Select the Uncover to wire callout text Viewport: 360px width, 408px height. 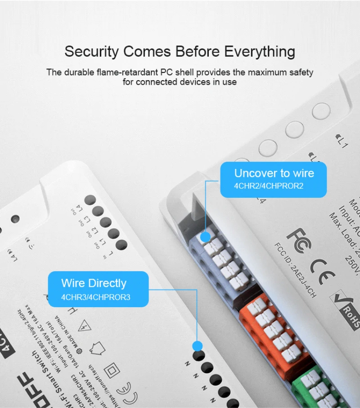274,173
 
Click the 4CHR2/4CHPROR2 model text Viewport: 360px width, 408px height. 269,186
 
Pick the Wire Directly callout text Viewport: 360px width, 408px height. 94,283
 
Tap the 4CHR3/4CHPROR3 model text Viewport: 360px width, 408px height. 96,297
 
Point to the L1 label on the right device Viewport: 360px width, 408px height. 342,143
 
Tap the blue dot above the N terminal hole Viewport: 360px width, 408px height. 197,346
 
